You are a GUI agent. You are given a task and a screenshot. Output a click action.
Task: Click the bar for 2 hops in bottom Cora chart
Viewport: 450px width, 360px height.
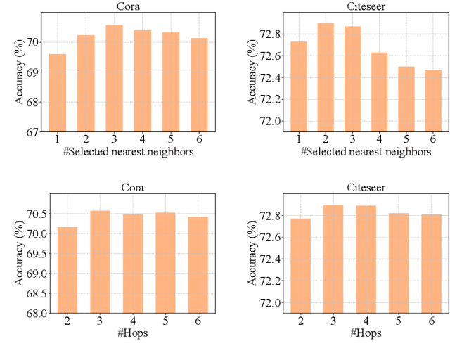pyautogui.click(x=68, y=270)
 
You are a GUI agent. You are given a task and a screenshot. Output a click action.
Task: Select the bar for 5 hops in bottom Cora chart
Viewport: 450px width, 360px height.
pyautogui.click(x=166, y=263)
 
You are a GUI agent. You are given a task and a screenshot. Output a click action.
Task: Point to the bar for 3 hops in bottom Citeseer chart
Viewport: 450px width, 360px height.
pyautogui.click(x=333, y=259)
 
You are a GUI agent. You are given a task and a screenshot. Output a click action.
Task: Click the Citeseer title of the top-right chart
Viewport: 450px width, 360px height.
pyautogui.click(x=366, y=7)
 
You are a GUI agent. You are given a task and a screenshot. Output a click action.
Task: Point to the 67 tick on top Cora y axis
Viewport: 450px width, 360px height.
pyautogui.click(x=32, y=131)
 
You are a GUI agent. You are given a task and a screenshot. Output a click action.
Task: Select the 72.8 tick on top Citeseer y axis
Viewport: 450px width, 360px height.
pyautogui.click(x=271, y=34)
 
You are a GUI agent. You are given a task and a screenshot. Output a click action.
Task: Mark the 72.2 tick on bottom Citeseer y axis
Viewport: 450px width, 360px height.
pyautogui.click(x=271, y=281)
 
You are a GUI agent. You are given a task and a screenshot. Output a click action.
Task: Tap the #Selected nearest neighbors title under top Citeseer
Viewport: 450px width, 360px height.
pyautogui.click(x=366, y=151)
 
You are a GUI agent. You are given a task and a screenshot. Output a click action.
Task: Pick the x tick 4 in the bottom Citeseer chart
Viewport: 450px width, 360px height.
pyautogui.click(x=366, y=320)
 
